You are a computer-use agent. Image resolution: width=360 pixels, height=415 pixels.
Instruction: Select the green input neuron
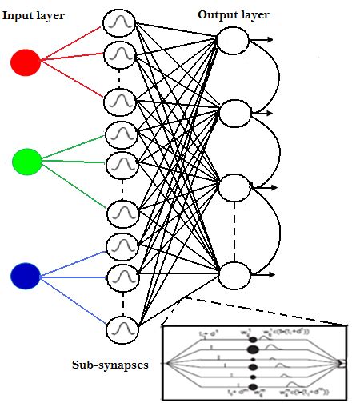pos(27,162)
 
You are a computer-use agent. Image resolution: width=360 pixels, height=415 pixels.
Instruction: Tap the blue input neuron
pos(25,276)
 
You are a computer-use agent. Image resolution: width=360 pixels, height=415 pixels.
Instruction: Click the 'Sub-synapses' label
pos(110,365)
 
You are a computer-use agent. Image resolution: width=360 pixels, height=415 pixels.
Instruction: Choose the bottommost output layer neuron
pos(233,274)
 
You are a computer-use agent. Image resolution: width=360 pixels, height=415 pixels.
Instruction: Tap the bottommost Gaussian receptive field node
pos(122,328)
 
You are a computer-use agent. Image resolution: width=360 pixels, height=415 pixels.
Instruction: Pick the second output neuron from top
pos(234,114)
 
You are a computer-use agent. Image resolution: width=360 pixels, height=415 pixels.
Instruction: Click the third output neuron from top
pos(234,187)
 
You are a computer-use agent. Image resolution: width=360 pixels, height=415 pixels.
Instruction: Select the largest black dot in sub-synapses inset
pos(253,349)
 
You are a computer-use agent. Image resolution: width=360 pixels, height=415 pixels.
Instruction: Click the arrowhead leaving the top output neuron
pos(272,39)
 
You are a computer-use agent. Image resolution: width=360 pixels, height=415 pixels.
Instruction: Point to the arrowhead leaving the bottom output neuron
pos(273,275)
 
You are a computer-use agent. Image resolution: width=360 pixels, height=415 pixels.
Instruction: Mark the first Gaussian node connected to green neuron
pos(122,130)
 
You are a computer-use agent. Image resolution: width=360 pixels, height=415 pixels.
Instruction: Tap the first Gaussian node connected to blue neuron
pos(122,243)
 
